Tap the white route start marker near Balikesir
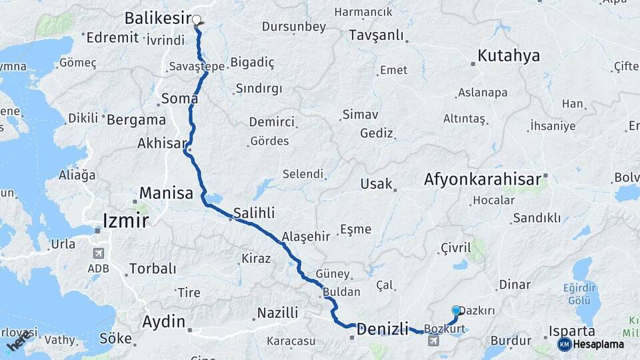[x=197, y=20]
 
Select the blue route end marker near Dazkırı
[x=456, y=311]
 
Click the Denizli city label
[x=382, y=328]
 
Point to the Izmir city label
[x=125, y=220]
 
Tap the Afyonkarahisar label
[x=482, y=179]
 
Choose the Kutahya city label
[x=509, y=55]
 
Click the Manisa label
[x=166, y=193]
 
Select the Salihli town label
[x=254, y=214]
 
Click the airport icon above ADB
[x=99, y=253]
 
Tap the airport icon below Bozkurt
[x=434, y=341]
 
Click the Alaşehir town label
[x=306, y=237]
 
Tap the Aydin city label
[x=163, y=322]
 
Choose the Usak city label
[x=376, y=183]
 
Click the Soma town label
[x=180, y=99]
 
